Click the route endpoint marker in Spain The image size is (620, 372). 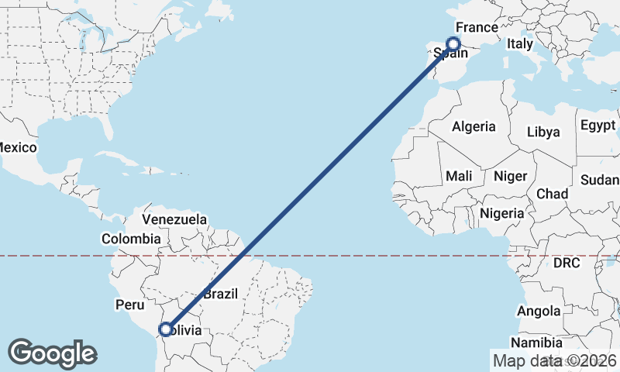point(454,45)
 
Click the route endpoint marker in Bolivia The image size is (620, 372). point(165,329)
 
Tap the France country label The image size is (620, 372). point(476,28)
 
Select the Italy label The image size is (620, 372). point(520,45)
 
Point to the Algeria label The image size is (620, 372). point(474,126)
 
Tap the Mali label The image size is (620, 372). point(459,177)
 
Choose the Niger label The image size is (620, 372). point(510,177)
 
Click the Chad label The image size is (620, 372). point(552,193)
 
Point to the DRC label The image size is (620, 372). point(567,263)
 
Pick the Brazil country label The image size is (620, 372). point(220,294)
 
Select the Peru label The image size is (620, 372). point(129,305)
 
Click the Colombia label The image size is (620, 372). point(131,239)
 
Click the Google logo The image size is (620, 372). point(52,353)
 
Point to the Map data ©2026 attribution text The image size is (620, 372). point(555,360)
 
